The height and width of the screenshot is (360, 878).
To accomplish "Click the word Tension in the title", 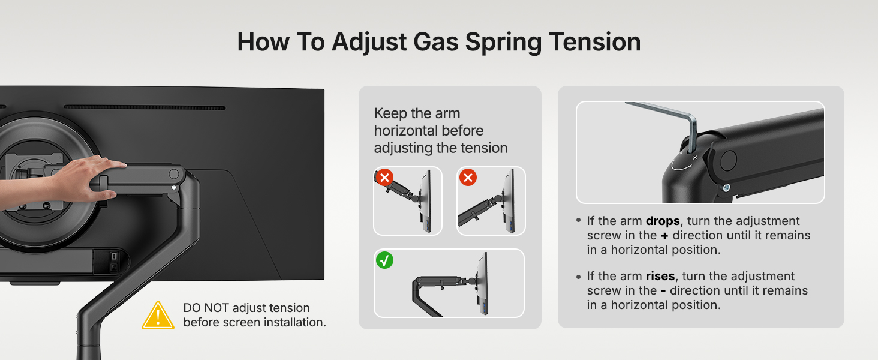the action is (x=594, y=42).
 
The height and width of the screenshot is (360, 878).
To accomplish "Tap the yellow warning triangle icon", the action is (x=158, y=316).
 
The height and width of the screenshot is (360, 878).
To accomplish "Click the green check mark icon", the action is (x=384, y=260).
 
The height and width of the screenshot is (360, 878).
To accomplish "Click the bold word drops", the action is (x=663, y=221).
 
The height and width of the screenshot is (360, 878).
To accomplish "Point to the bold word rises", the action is (x=660, y=277).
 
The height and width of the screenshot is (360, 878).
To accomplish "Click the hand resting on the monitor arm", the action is (x=63, y=181).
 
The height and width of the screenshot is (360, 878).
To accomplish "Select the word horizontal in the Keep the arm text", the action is (x=428, y=131).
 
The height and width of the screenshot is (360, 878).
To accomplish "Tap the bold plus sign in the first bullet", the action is (x=664, y=236).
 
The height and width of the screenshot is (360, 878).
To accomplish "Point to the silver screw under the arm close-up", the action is (x=726, y=188).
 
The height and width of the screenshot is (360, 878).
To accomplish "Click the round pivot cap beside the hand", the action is (x=174, y=174).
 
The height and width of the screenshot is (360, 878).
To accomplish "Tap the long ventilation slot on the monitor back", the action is (x=145, y=107).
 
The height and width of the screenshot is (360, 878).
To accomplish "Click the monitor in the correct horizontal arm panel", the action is (x=483, y=283).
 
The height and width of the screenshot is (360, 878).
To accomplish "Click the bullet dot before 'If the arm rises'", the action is (x=579, y=277).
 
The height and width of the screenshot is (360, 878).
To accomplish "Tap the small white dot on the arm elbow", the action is (x=174, y=188).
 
